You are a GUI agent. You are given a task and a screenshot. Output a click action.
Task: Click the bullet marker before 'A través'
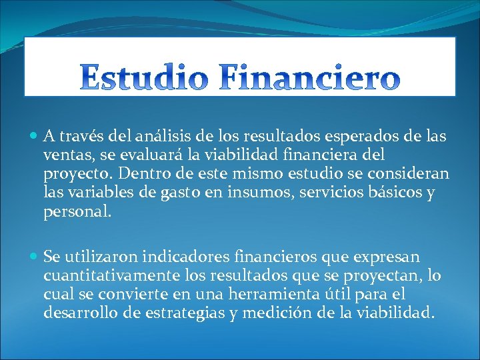(x=34, y=137)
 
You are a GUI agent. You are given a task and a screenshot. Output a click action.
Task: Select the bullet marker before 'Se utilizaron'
(x=34, y=257)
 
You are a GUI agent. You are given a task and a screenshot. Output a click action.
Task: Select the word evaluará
(x=148, y=155)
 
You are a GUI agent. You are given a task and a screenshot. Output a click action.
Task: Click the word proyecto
(x=74, y=175)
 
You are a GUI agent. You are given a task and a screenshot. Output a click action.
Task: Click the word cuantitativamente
(x=107, y=275)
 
